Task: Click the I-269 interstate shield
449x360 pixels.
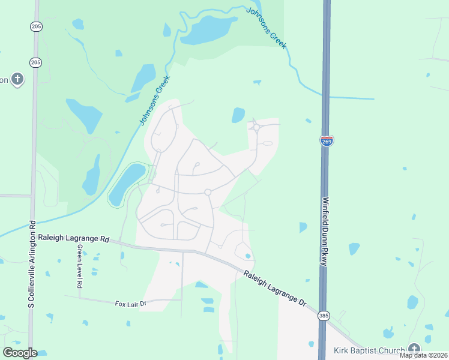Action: [327, 140]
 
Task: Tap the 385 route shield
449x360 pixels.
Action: [324, 315]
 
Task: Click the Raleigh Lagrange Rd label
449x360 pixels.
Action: [73, 238]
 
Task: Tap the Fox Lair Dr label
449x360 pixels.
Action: [131, 304]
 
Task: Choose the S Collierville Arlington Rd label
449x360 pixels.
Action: [32, 264]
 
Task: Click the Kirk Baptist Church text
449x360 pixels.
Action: [369, 350]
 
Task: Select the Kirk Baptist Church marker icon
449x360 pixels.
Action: [414, 349]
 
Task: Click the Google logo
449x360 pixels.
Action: [20, 353]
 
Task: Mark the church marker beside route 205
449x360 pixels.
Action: [17, 79]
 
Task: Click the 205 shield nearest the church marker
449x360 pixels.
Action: [35, 62]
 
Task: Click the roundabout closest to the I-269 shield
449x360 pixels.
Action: [256, 127]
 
